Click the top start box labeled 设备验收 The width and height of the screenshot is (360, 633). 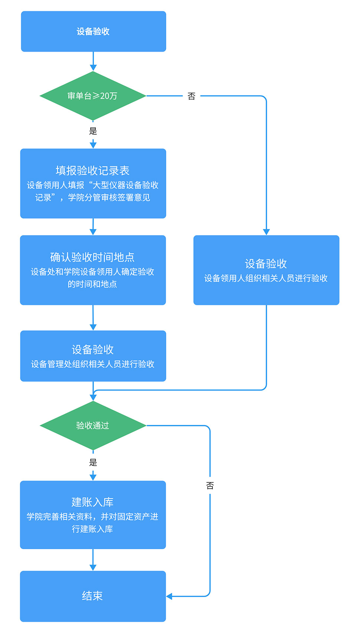[93, 32]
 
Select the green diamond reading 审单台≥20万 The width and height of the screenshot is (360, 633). [93, 96]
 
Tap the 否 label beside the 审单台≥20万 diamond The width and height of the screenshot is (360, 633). [192, 96]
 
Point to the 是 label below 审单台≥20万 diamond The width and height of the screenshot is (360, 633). [93, 131]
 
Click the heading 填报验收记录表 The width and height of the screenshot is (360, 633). [93, 171]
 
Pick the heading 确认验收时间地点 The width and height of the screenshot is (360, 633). [92, 257]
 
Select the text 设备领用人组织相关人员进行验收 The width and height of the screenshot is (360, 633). [266, 278]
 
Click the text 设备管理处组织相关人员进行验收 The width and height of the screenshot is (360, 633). [93, 364]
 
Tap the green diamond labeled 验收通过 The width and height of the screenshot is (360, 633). [93, 426]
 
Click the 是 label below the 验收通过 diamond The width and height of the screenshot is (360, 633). [93, 462]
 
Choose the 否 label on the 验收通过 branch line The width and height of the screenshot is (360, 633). [210, 486]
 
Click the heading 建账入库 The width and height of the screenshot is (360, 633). [92, 502]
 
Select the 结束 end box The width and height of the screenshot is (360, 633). [93, 596]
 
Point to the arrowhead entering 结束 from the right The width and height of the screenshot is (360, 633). [170, 597]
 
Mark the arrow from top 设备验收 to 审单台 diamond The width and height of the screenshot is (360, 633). [93, 61]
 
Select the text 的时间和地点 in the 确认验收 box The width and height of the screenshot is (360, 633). [92, 284]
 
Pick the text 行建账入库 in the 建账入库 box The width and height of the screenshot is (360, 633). [92, 529]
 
